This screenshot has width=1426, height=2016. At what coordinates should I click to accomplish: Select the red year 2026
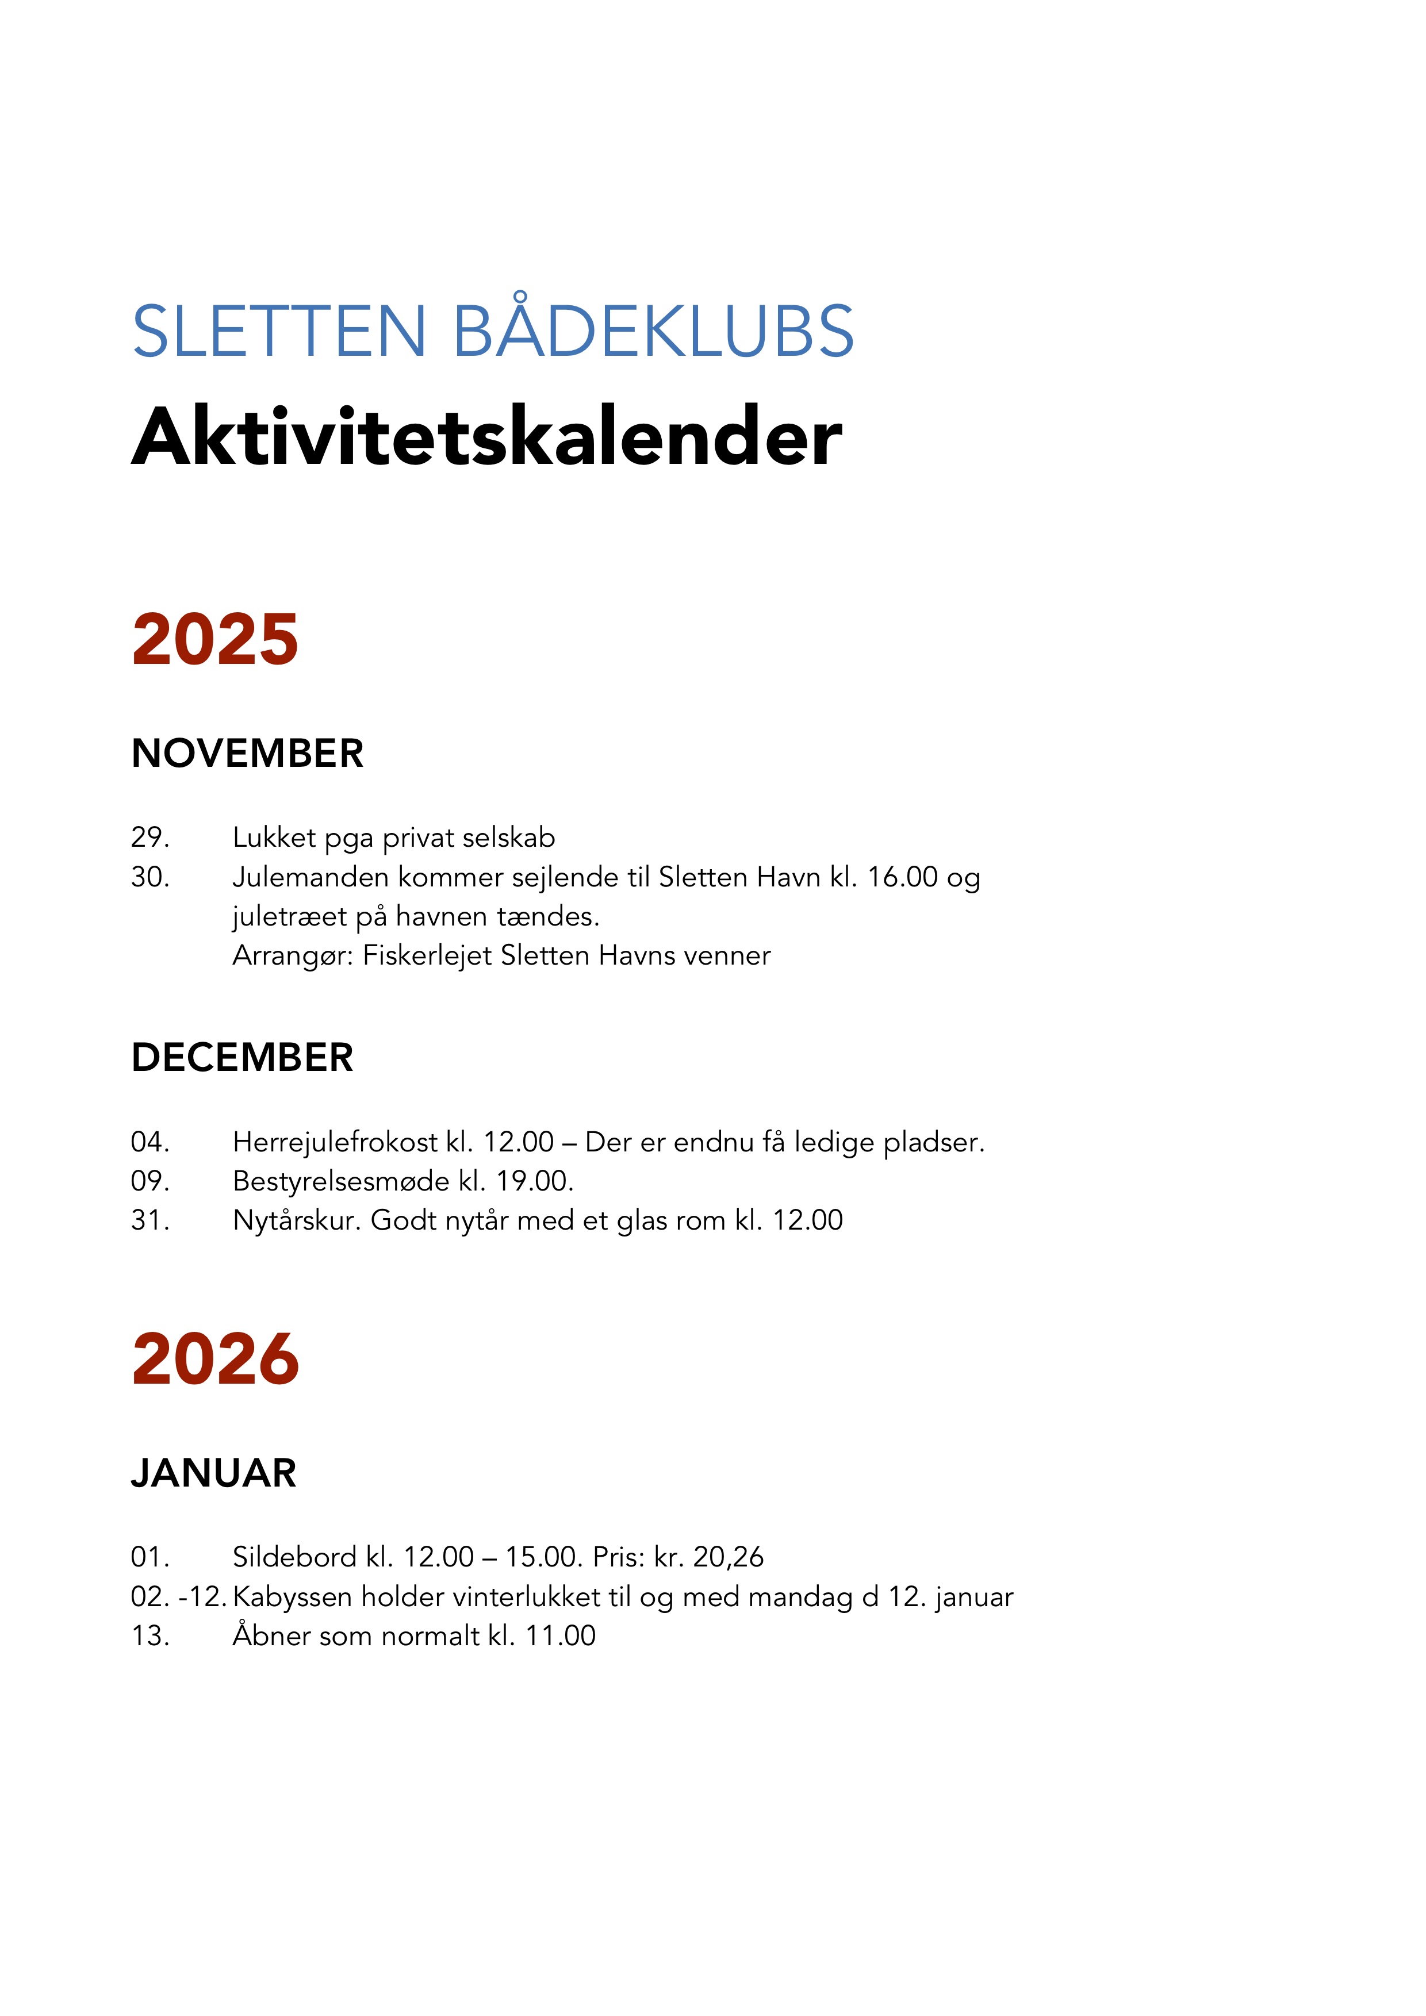tap(215, 1359)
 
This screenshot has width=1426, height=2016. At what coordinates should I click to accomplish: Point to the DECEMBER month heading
tap(241, 1057)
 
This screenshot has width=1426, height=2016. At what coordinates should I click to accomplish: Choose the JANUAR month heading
tap(213, 1473)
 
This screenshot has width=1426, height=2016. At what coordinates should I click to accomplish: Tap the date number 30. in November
tap(150, 877)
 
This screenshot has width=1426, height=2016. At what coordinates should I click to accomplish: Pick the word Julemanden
tap(310, 877)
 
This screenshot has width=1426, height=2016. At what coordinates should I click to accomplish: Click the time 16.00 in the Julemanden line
tap(903, 877)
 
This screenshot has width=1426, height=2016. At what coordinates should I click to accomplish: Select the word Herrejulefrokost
tap(335, 1142)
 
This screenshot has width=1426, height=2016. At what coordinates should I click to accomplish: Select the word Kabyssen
tap(293, 1597)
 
